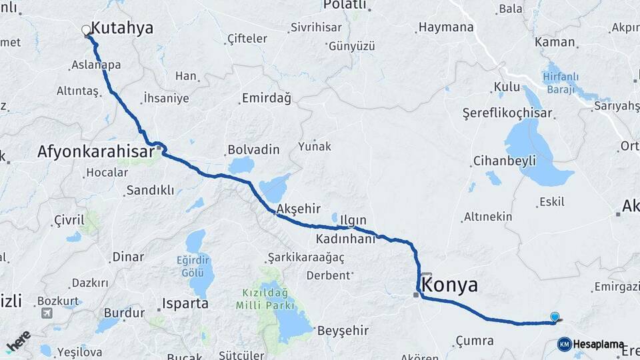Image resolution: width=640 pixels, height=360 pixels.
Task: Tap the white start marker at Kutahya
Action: click(86, 29)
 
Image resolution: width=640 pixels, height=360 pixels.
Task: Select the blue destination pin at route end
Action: click(555, 317)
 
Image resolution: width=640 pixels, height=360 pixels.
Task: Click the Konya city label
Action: click(451, 285)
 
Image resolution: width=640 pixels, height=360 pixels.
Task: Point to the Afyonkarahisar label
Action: click(99, 152)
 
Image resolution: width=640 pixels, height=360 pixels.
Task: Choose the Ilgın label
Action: click(353, 220)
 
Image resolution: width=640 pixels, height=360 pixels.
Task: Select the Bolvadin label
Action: click(253, 149)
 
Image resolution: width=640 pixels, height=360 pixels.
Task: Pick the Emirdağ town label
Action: click(267, 99)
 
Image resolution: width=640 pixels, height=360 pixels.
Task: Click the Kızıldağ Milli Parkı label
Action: click(264, 299)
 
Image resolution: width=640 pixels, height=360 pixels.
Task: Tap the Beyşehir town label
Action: click(343, 330)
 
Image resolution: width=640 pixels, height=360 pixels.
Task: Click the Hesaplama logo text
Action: click(598, 345)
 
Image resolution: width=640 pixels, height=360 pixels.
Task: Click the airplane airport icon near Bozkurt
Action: click(47, 313)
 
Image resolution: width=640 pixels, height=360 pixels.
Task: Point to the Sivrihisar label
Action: click(316, 29)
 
